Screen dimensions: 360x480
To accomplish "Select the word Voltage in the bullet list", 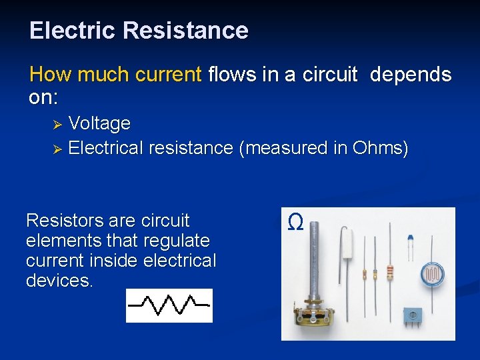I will pyautogui.click(x=99, y=123).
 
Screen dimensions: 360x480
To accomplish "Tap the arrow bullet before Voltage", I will pyautogui.click(x=57, y=125).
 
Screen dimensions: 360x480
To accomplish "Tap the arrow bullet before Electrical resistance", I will pyautogui.click(x=57, y=149).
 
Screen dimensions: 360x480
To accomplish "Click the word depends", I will pyautogui.click(x=411, y=75).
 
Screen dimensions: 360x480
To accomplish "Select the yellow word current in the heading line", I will pyautogui.click(x=168, y=75).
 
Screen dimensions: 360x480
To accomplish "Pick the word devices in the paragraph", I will pyautogui.click(x=59, y=281).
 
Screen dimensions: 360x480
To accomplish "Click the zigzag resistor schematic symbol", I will pyautogui.click(x=169, y=305).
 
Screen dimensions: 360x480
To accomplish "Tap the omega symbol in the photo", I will pyautogui.click(x=295, y=222).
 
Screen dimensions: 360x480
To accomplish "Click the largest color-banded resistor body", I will pyautogui.click(x=390, y=272).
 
